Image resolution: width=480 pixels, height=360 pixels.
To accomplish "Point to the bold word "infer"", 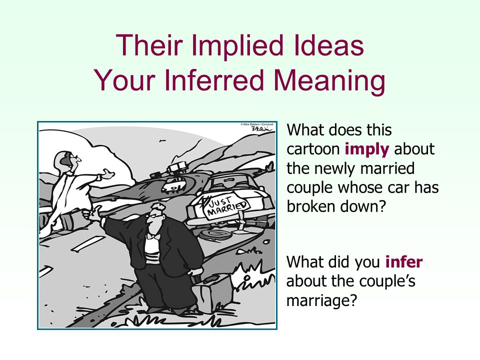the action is pyautogui.click(x=404, y=262).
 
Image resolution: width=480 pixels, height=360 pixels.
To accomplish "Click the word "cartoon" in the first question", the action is pyautogui.click(x=313, y=149).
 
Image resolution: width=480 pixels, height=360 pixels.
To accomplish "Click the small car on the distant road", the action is pyautogui.click(x=173, y=185).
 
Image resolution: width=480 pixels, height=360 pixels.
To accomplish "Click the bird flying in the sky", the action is pyautogui.click(x=162, y=141).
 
